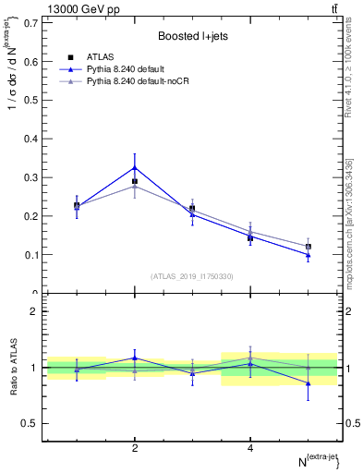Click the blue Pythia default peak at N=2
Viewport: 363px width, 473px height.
click(135, 167)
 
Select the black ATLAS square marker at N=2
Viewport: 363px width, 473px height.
click(135, 181)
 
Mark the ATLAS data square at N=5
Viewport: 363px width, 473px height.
click(309, 247)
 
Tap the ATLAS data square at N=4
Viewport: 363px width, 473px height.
click(250, 238)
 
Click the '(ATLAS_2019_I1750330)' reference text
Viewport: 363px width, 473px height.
click(192, 276)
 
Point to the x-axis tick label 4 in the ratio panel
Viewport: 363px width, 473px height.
click(250, 448)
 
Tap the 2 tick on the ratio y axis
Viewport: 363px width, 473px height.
click(32, 311)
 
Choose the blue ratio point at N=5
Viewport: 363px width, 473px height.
click(309, 382)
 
